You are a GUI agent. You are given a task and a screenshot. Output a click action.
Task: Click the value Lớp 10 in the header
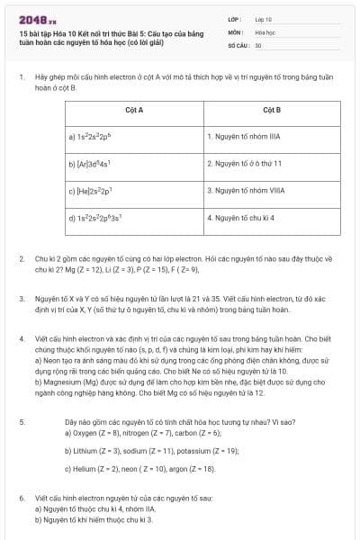coord(263,18)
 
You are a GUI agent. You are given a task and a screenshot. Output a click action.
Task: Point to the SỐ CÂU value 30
coord(258,45)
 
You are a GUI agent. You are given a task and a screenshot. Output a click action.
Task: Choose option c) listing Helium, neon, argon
coord(140,469)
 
